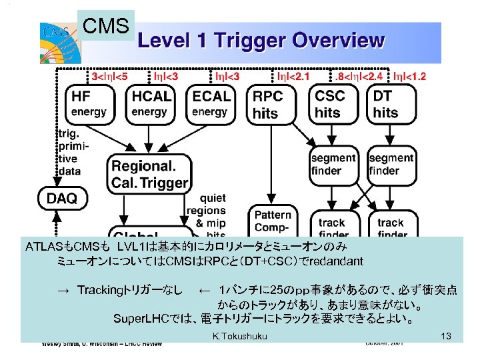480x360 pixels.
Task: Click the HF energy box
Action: (89, 103)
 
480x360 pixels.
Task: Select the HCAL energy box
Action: (151, 103)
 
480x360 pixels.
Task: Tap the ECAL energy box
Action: (211, 103)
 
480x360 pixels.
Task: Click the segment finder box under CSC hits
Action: (333, 164)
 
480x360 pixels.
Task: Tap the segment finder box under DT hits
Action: (391, 164)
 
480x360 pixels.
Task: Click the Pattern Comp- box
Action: (272, 220)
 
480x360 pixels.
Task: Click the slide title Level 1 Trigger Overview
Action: (261, 41)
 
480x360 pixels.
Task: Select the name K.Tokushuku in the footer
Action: (239, 336)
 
